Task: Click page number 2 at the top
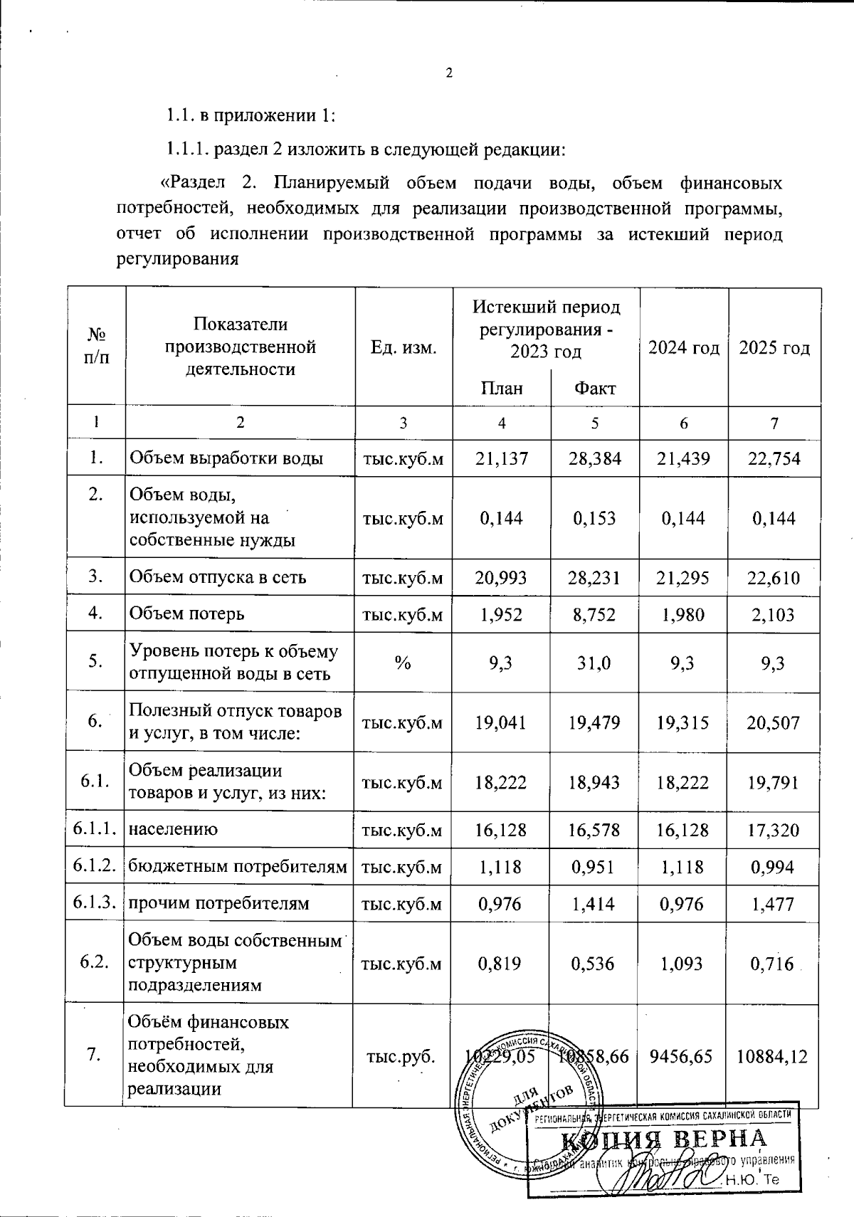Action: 449,73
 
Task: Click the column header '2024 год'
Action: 683,348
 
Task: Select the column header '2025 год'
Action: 774,348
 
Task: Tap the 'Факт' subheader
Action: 594,388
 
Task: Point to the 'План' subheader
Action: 502,388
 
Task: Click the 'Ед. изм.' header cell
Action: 403,348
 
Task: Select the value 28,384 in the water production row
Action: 594,458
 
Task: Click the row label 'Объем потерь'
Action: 186,613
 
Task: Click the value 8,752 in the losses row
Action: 594,613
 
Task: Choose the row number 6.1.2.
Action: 94,866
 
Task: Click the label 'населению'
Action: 173,829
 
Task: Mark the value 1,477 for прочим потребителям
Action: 774,904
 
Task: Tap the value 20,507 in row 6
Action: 774,723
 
